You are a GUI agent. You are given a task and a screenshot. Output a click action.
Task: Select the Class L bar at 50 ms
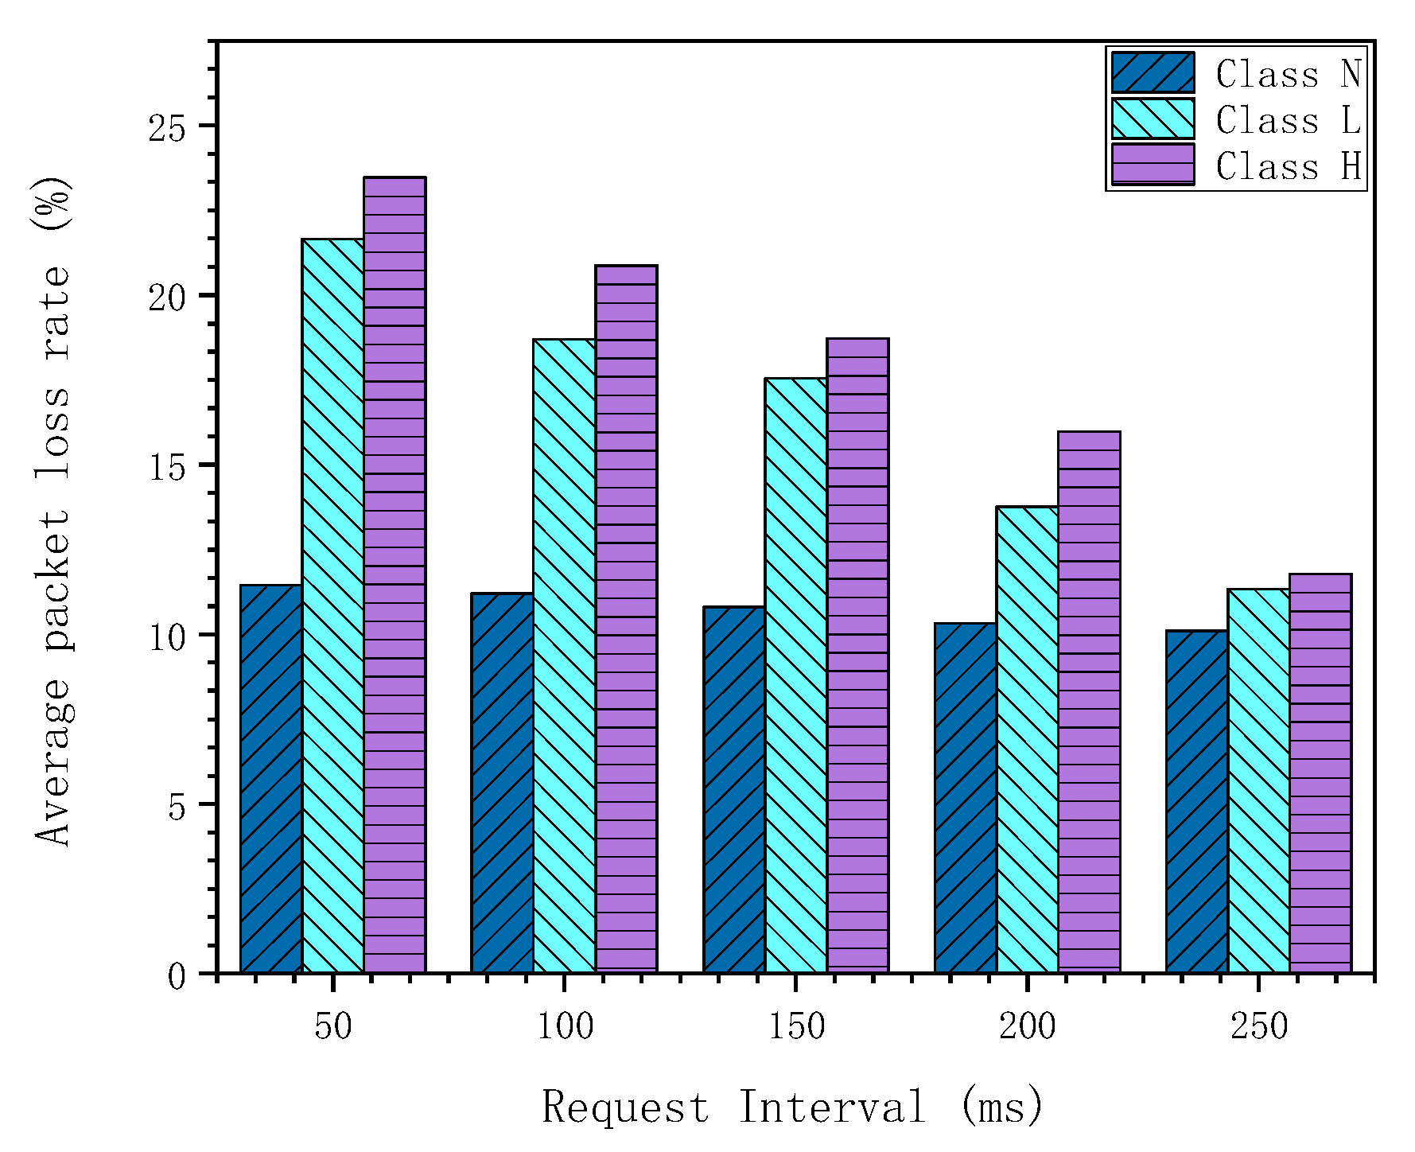[x=332, y=605]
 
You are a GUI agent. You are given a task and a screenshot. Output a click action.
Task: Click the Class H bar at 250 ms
[x=1320, y=773]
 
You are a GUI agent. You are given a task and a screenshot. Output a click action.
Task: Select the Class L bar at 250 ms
[x=1258, y=780]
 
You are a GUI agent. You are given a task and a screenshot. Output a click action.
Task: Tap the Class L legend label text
[x=1288, y=120]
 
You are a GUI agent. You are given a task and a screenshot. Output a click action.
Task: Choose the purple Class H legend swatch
[x=1153, y=165]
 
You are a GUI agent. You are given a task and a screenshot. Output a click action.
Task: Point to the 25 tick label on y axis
[x=166, y=127]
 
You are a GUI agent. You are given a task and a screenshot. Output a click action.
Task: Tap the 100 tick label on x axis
[x=564, y=1027]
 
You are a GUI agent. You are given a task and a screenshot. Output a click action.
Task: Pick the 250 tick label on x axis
[x=1258, y=1027]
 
